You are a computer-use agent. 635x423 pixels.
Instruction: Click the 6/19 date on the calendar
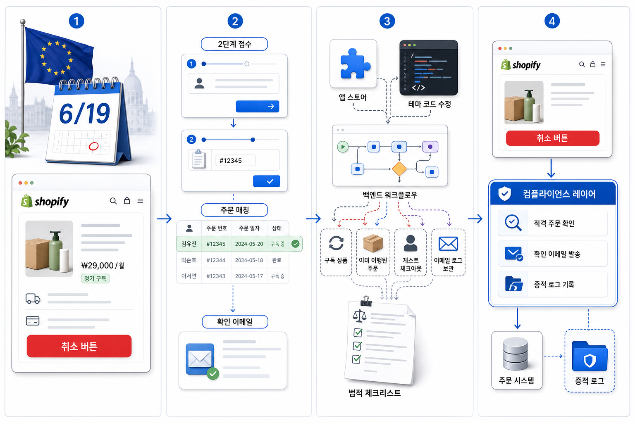[84, 113]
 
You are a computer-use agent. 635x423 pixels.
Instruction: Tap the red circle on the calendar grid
[93, 146]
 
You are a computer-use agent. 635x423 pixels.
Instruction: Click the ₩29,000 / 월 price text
[103, 266]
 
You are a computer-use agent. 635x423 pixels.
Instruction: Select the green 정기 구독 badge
[95, 278]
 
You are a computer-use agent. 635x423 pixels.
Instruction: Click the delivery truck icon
[33, 299]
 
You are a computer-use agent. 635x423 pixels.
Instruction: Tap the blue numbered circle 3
[387, 21]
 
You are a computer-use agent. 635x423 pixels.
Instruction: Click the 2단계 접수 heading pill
[234, 44]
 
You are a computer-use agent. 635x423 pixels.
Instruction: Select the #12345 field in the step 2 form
[235, 161]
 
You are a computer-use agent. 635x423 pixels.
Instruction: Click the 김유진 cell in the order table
[189, 244]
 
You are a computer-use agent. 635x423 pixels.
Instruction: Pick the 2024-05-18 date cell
[249, 260]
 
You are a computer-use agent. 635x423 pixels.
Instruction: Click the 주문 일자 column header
[249, 228]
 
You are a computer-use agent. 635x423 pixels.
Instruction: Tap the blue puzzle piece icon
[355, 64]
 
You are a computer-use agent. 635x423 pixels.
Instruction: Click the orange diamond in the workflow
[399, 169]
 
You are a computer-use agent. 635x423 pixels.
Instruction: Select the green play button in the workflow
[343, 147]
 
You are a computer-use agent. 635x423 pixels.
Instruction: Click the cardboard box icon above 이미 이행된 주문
[373, 243]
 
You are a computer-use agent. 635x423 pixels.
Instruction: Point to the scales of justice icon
[359, 316]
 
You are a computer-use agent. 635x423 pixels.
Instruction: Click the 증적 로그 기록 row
[552, 284]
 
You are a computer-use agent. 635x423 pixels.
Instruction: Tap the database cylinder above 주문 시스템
[515, 354]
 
